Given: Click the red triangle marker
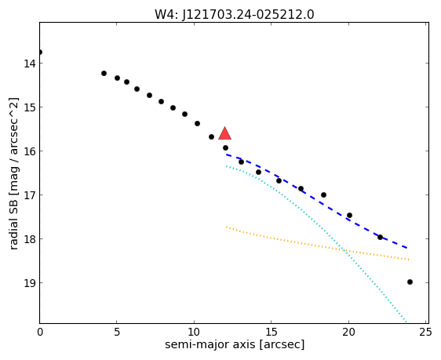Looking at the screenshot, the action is (x=224, y=134).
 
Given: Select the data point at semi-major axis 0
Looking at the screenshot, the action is (x=40, y=53).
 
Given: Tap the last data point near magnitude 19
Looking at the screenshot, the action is (x=410, y=282).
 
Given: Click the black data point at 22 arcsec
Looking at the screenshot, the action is (x=380, y=237).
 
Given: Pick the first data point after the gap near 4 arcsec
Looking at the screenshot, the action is (x=104, y=74).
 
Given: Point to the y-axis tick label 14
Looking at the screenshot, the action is (x=30, y=64).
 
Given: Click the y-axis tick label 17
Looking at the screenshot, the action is (x=30, y=195).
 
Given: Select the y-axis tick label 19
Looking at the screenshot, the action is (x=30, y=282).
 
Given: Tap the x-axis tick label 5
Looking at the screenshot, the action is (x=117, y=333).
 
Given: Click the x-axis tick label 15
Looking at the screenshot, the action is (x=272, y=333).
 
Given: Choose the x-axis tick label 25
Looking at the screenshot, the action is (x=425, y=333).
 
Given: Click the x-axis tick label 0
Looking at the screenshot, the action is (x=40, y=333).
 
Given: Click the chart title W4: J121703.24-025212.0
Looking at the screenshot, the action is (x=235, y=15).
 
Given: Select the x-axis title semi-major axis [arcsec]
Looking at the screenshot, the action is (x=235, y=344).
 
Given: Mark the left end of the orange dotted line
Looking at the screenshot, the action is (x=226, y=227).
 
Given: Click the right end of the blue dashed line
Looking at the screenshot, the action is (x=407, y=248).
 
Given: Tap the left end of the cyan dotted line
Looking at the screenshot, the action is (x=226, y=166).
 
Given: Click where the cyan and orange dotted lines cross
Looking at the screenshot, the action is (x=344, y=250).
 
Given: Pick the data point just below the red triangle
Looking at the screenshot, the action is (x=225, y=147).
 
